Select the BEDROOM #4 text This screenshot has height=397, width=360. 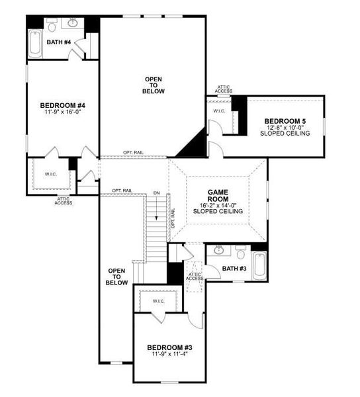point(62,105)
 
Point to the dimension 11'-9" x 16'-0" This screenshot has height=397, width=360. point(62,112)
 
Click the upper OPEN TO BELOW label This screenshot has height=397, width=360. point(154,85)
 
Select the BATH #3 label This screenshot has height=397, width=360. point(234,268)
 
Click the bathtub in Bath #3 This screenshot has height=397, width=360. point(259,265)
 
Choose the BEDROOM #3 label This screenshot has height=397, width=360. point(169,347)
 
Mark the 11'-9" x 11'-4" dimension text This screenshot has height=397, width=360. point(169,355)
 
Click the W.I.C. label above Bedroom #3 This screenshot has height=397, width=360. point(158,301)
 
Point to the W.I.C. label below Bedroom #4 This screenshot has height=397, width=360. point(51,175)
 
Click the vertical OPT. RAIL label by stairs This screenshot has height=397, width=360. point(173,218)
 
